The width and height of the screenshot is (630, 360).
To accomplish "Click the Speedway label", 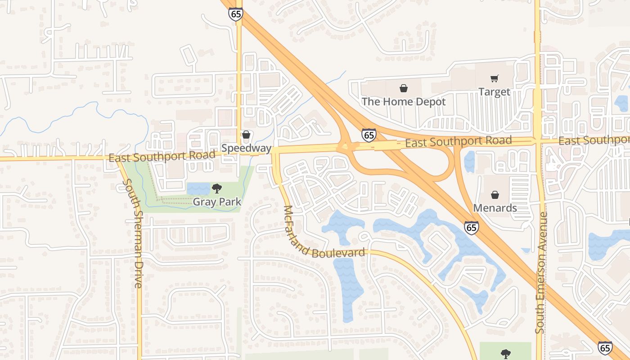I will pyautogui.click(x=246, y=148).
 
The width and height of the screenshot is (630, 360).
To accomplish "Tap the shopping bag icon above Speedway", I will pyautogui.click(x=246, y=135).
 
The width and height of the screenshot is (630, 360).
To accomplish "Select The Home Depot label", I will pyautogui.click(x=403, y=102).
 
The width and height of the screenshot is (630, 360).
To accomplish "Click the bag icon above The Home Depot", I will pyautogui.click(x=404, y=88).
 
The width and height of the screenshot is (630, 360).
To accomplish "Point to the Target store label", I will pyautogui.click(x=494, y=92).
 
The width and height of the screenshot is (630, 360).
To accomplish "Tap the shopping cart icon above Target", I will pyautogui.click(x=495, y=79).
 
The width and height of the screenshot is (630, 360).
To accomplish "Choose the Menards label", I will pyautogui.click(x=495, y=208).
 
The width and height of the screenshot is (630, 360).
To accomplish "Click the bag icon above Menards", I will pyautogui.click(x=495, y=195).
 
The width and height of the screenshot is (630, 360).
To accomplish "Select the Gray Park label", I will pyautogui.click(x=217, y=202).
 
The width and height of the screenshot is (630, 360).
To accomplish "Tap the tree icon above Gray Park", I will pyautogui.click(x=217, y=188).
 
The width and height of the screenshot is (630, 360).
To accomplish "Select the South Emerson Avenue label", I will pyautogui.click(x=541, y=273).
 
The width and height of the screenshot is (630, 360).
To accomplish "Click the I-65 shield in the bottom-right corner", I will pyautogui.click(x=605, y=348).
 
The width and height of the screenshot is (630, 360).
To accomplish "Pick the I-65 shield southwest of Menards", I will pyautogui.click(x=471, y=228).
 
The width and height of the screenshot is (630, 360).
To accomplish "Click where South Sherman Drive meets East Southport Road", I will pyautogui.click(x=119, y=159).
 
